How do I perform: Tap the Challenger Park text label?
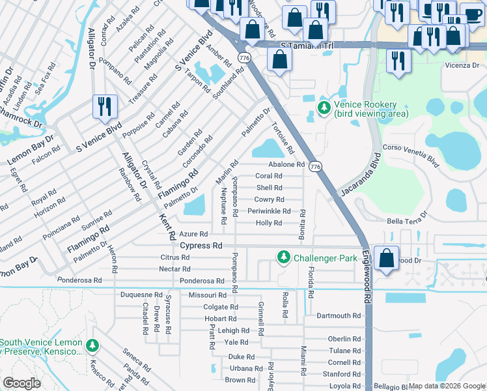pos(325,258)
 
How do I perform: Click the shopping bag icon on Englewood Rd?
pos(387,258)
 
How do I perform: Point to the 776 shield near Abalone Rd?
pos(315,167)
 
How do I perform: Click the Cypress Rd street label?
pos(201,246)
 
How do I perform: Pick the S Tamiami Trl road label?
pos(306,46)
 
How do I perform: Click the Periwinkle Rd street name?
pos(268,211)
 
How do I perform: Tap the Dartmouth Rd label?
pos(338,315)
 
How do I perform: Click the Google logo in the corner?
pos(21,383)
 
